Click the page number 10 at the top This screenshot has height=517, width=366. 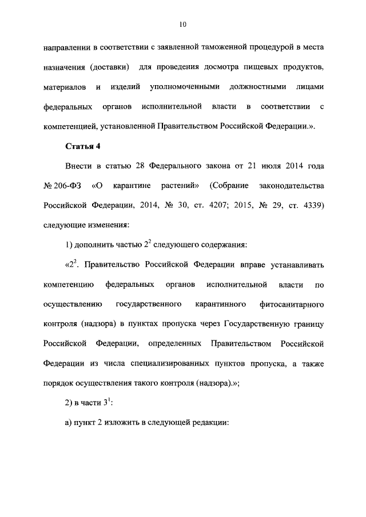click(182, 24)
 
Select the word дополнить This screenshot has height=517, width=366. click(96, 245)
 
